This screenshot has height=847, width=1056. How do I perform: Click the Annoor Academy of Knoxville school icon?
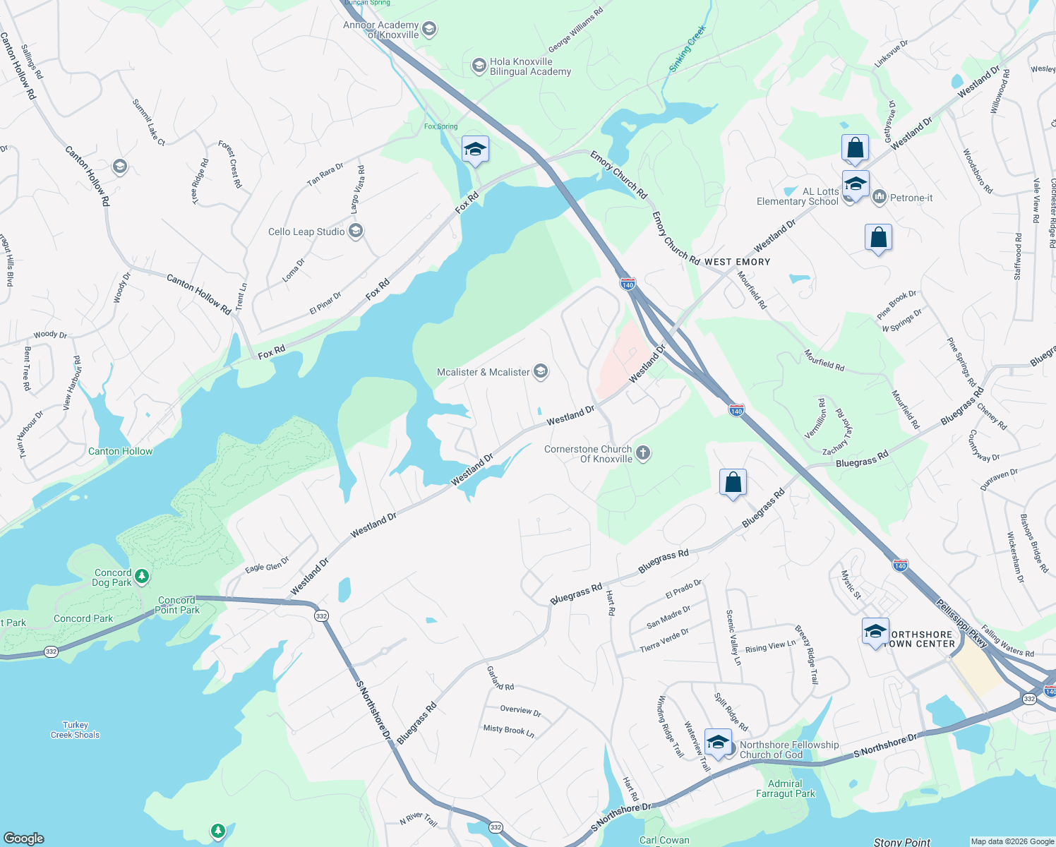click(429, 30)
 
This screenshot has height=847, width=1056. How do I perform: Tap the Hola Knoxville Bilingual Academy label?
click(530, 66)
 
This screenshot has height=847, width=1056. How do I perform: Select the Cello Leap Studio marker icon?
click(356, 232)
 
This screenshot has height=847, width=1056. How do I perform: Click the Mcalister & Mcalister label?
click(483, 372)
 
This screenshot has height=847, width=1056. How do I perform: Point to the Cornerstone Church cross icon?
click(642, 453)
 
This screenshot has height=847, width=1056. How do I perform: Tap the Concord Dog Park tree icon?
click(142, 577)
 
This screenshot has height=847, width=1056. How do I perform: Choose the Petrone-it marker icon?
click(880, 197)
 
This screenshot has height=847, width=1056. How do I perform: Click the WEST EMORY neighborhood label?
click(737, 262)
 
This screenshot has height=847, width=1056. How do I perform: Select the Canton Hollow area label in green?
click(120, 451)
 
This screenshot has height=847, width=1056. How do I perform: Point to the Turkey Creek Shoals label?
click(76, 730)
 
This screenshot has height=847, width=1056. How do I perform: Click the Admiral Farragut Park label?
click(785, 788)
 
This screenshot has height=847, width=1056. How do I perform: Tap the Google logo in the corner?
click(24, 838)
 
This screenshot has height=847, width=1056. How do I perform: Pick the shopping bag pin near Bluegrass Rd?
click(733, 483)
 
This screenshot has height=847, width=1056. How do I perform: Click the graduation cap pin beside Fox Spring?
click(475, 150)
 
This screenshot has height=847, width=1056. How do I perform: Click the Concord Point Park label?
click(177, 605)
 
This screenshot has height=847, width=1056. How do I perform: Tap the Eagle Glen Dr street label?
click(267, 565)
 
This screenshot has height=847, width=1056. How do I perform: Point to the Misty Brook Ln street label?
click(508, 730)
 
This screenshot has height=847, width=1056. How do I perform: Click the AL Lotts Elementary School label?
click(798, 196)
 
